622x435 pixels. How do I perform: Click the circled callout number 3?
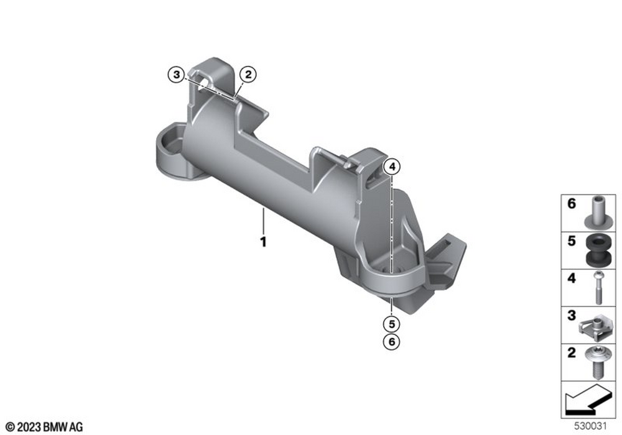click(177, 75)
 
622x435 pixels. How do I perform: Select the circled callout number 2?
click(248, 75)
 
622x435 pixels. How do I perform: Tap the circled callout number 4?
click(392, 167)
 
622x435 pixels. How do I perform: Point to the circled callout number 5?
click(392, 324)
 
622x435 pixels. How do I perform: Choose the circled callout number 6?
click(392, 342)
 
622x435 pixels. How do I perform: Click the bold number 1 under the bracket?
click(263, 242)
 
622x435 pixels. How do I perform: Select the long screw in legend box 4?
click(598, 287)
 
